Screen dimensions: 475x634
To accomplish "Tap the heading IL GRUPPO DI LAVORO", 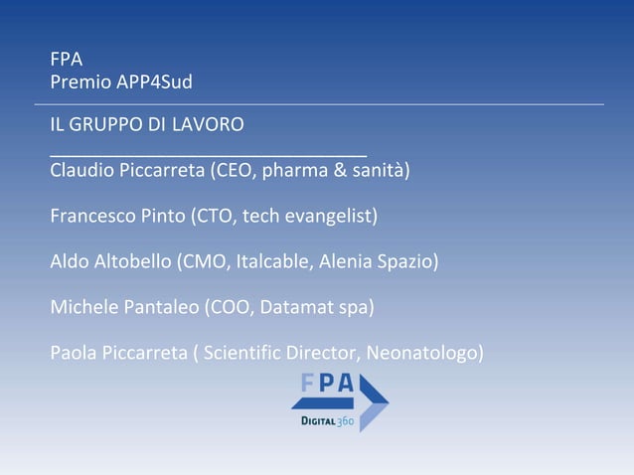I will [x=147, y=125].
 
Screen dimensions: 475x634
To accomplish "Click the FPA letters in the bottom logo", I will [x=329, y=384].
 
